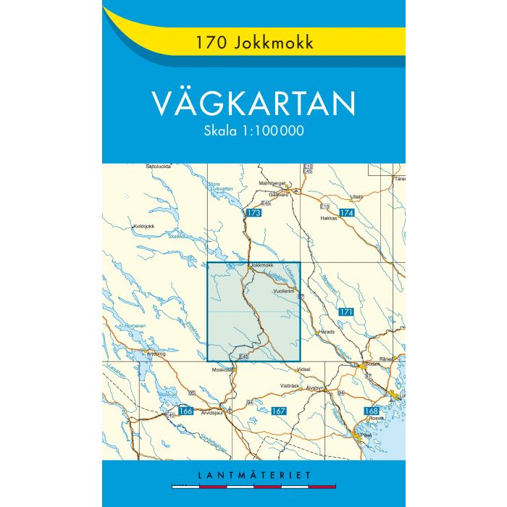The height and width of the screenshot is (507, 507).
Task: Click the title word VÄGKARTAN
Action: coord(253,104)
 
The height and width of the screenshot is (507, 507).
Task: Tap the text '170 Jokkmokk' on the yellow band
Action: coord(253,43)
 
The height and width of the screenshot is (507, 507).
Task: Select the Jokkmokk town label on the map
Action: coord(261,266)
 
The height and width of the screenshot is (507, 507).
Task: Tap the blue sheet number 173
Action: coord(253,213)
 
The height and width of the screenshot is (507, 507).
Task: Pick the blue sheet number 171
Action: coord(346,312)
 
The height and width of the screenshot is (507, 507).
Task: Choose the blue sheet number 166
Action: coord(185,411)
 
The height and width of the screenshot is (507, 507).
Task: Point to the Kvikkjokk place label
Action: coord(144,227)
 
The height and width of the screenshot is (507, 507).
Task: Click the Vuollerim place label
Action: coord(285,289)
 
